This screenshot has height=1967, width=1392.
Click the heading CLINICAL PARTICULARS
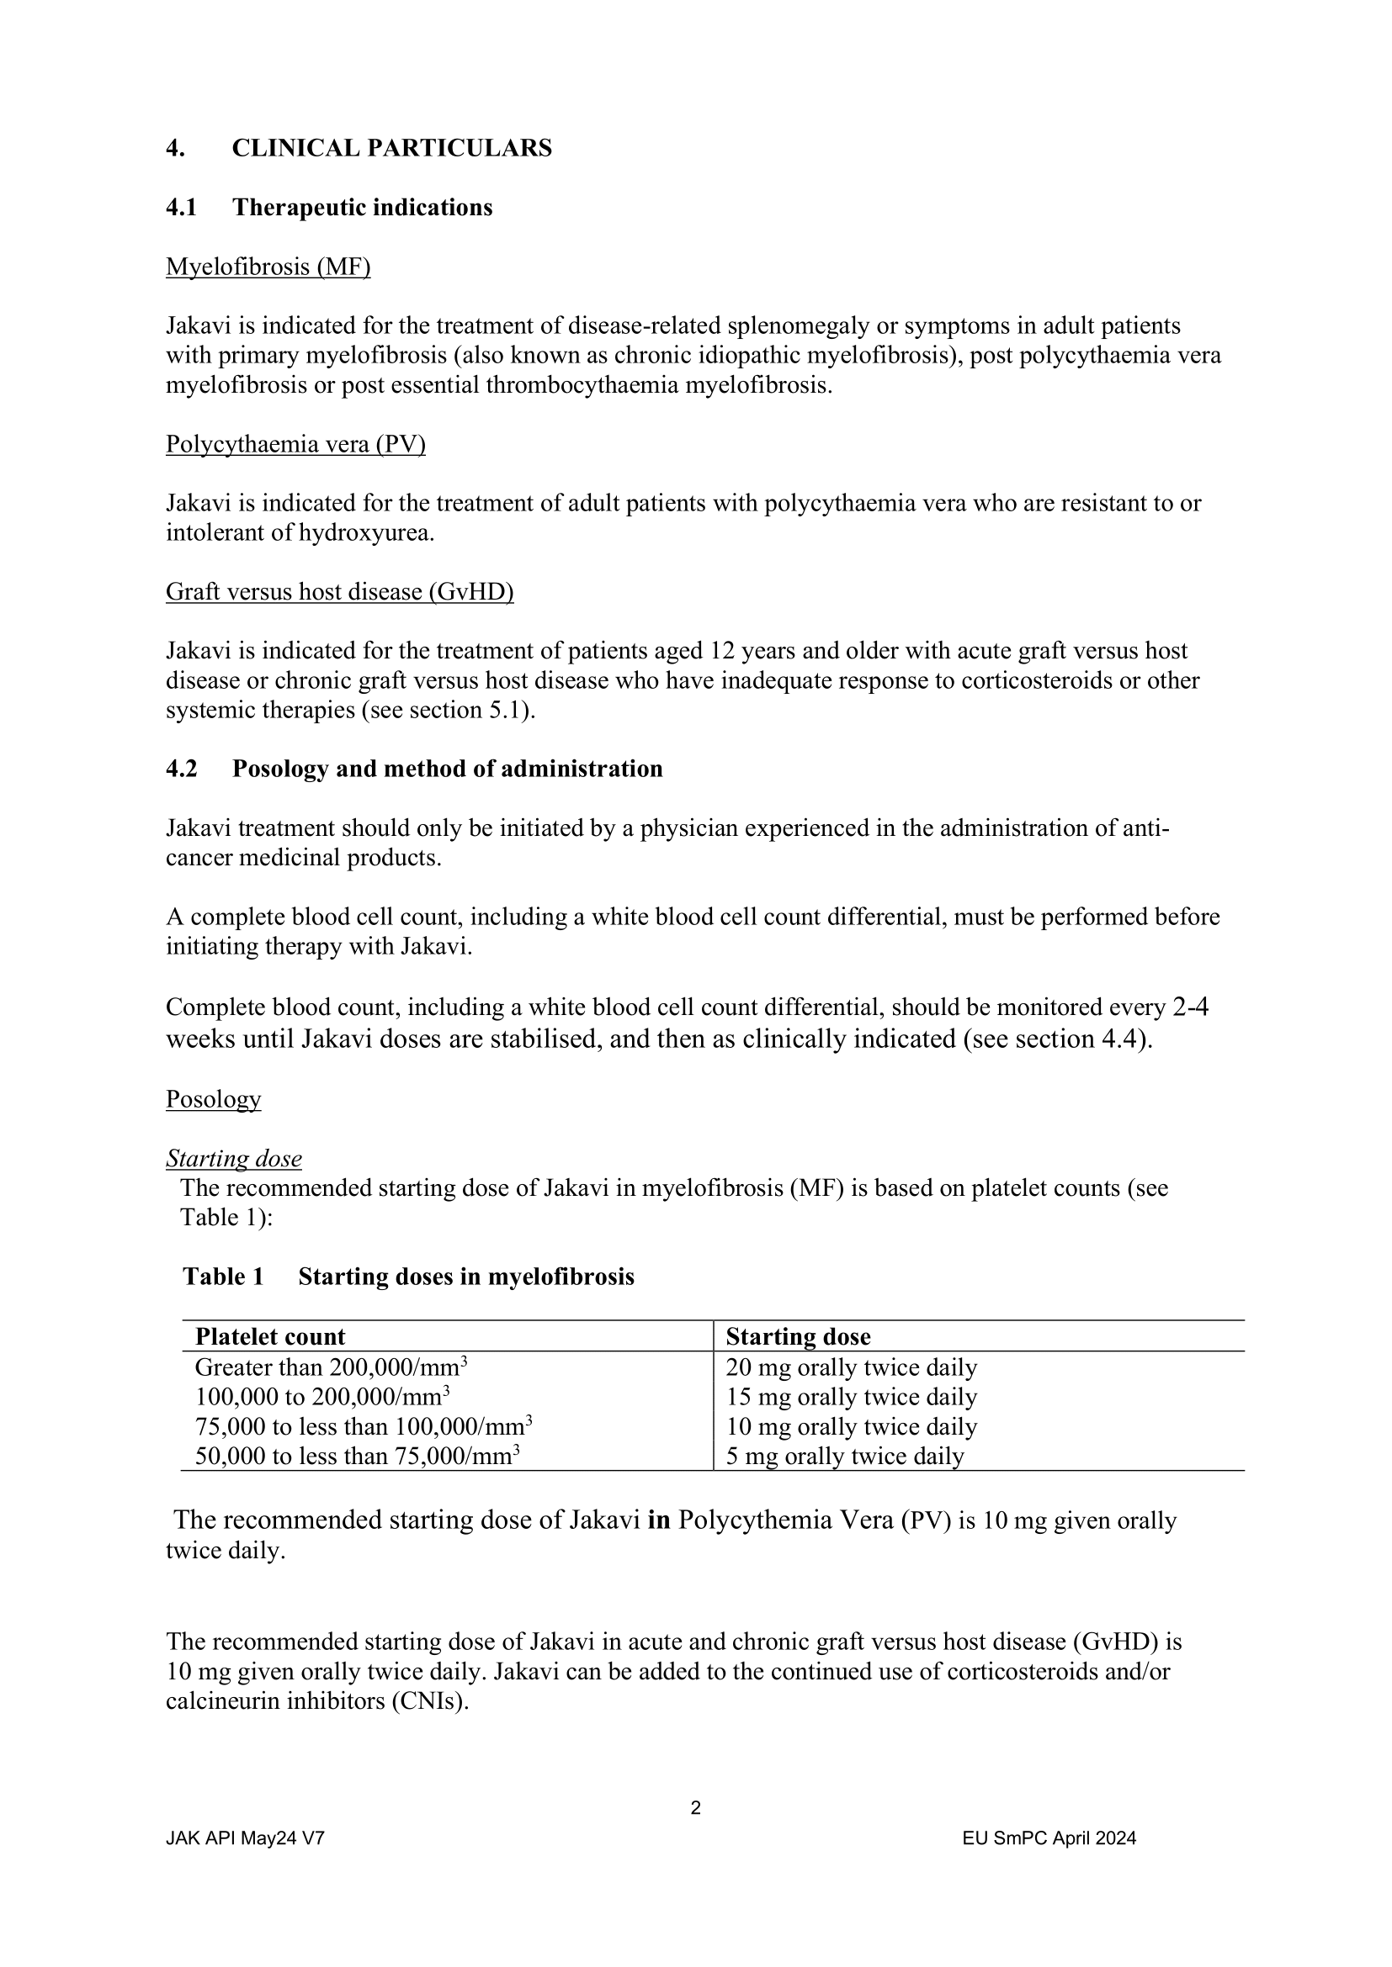click(391, 148)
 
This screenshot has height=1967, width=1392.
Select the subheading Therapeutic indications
click(362, 208)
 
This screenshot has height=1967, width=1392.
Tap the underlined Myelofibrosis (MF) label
click(268, 267)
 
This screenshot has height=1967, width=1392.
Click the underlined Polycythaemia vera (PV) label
click(295, 444)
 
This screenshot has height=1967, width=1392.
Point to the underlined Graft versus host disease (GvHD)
click(339, 591)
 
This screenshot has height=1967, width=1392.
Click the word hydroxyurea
click(365, 533)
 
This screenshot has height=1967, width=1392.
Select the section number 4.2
click(181, 769)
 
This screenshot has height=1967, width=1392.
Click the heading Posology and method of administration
click(447, 769)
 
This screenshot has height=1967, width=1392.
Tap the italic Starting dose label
click(233, 1158)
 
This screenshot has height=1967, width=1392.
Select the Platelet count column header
click(270, 1336)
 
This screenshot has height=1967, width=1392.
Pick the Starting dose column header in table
click(797, 1336)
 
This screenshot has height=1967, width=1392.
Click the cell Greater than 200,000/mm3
click(330, 1367)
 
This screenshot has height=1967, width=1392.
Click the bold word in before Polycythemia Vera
click(658, 1520)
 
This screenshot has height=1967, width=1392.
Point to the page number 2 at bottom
click(695, 1808)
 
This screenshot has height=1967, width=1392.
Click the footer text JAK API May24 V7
click(244, 1837)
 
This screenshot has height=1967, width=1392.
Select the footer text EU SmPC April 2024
click(1049, 1837)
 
